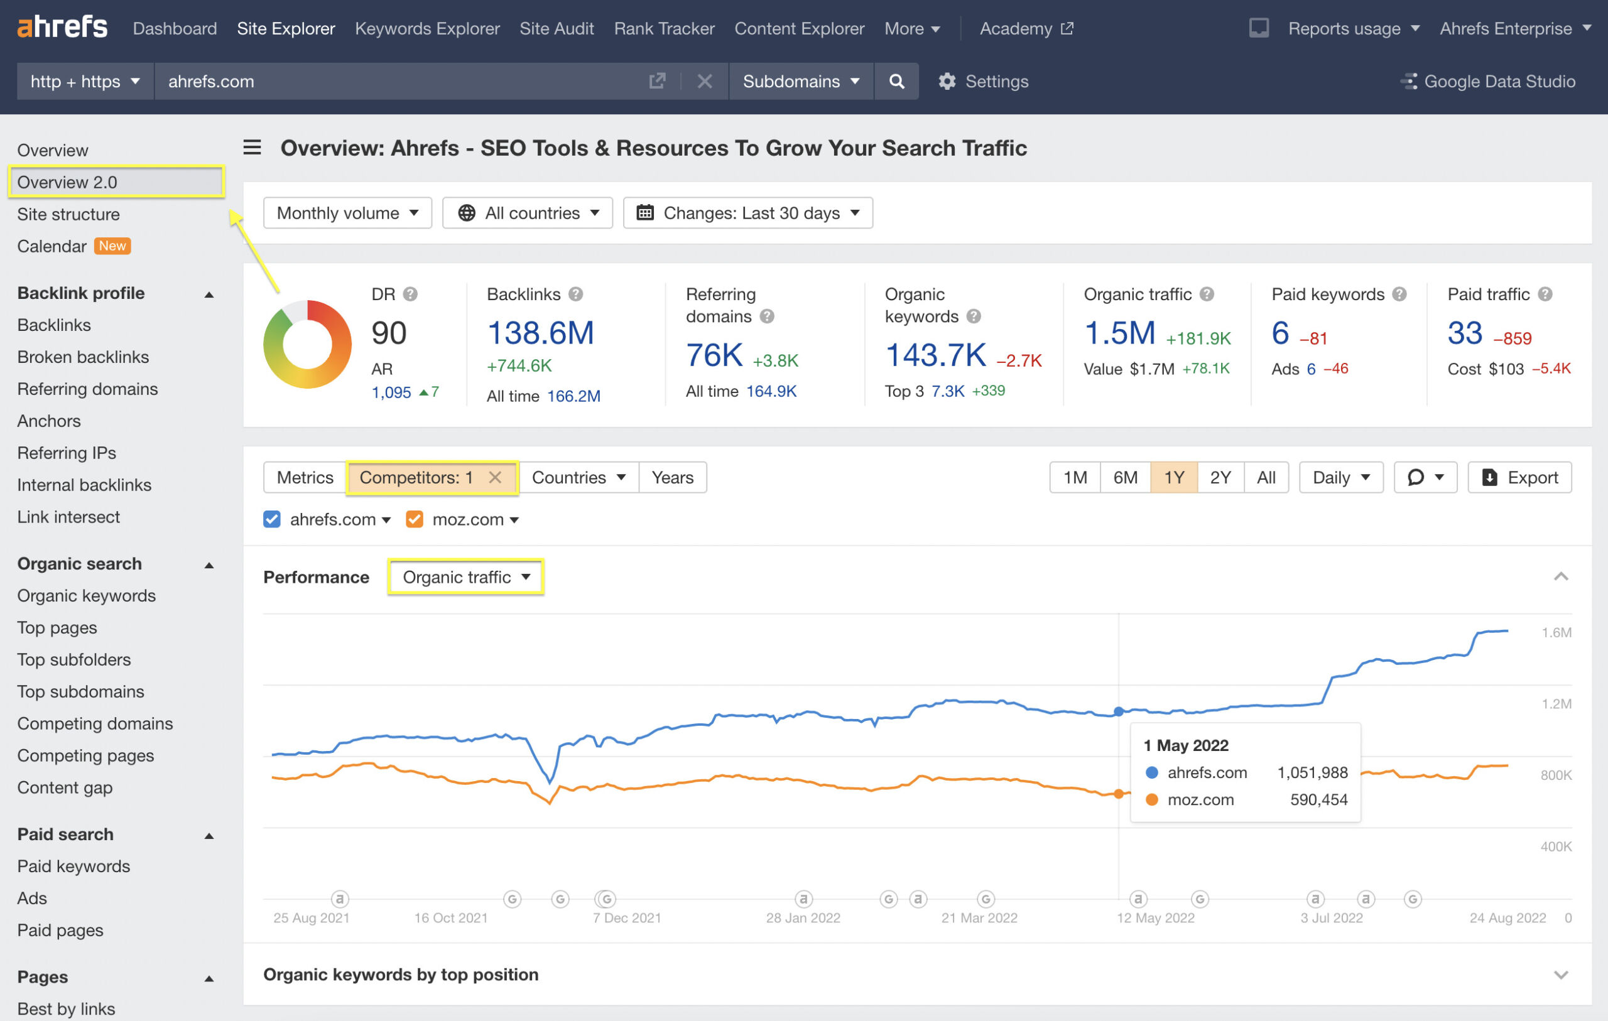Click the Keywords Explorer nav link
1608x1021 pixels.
coord(426,29)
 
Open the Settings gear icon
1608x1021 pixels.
coord(947,82)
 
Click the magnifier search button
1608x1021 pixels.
coord(896,82)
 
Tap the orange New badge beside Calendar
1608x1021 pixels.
coord(112,246)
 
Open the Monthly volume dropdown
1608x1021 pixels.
coord(347,213)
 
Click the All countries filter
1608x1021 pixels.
coord(528,213)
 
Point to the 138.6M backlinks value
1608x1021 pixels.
coord(540,333)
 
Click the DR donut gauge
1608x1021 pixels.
coord(307,344)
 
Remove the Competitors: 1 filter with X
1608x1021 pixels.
coord(495,477)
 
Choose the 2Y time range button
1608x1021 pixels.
coord(1220,477)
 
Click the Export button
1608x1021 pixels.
coord(1519,477)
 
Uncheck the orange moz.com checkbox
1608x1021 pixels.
coord(415,519)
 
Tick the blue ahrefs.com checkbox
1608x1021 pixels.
coord(272,519)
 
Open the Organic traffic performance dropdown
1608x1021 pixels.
coord(466,577)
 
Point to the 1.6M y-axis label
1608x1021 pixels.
coord(1555,632)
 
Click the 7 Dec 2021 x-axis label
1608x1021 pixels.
coord(626,917)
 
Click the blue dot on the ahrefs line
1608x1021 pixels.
coord(1119,712)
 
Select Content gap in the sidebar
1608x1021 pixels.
coord(65,787)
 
